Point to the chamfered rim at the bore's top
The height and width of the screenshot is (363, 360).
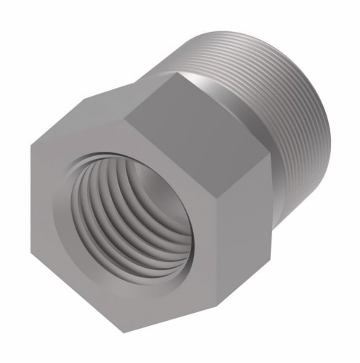tap(134, 160)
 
